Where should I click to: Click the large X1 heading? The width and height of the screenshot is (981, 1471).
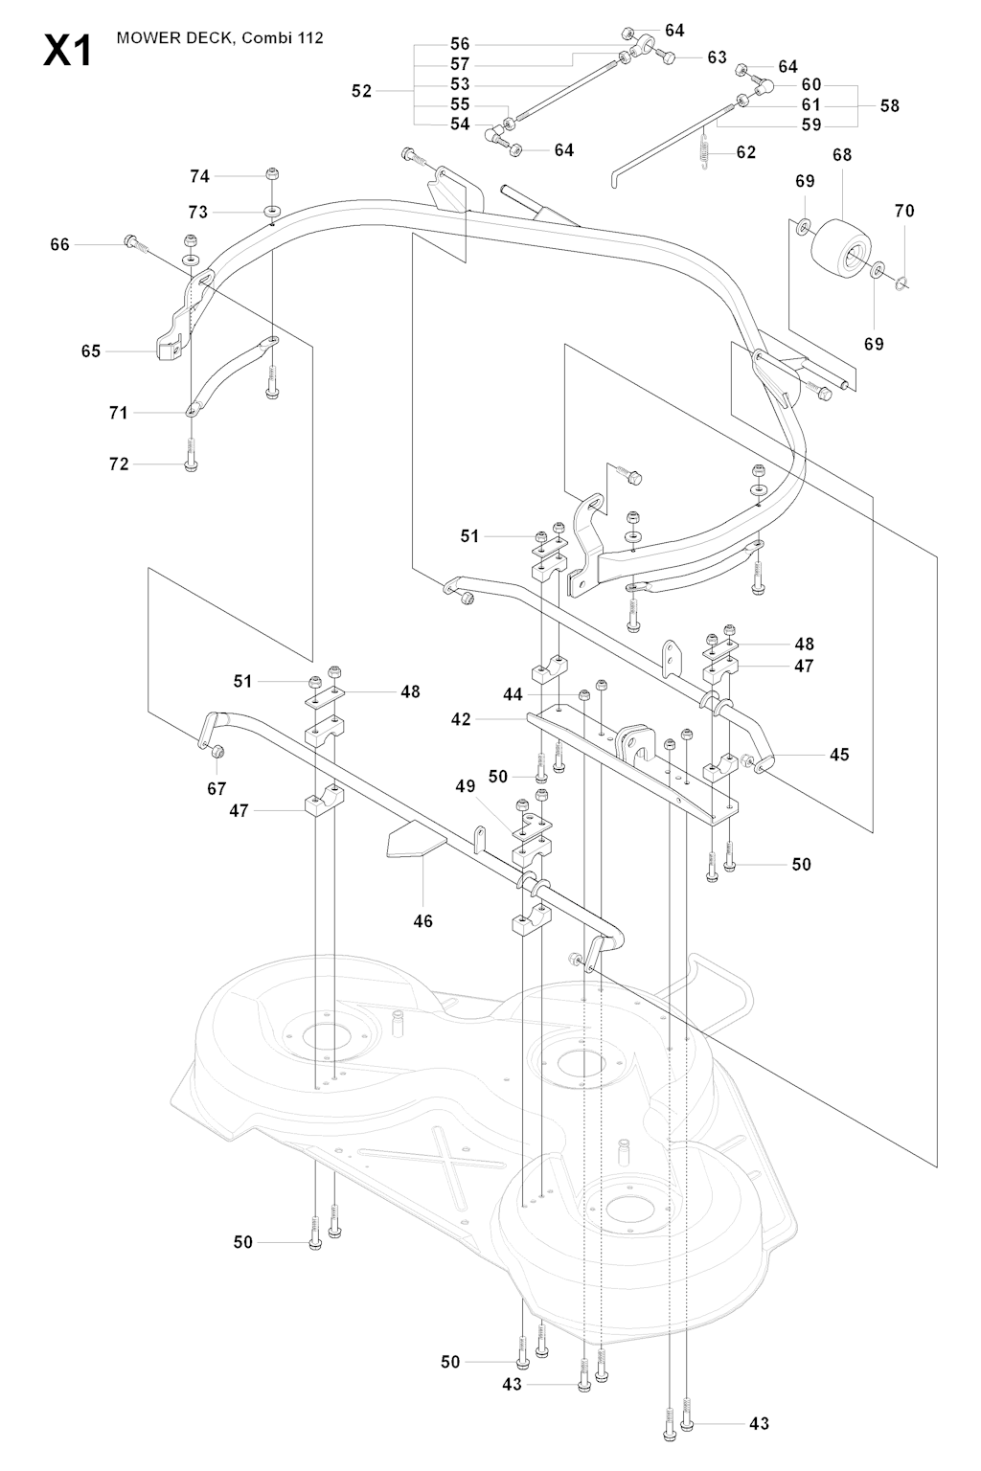pyautogui.click(x=68, y=49)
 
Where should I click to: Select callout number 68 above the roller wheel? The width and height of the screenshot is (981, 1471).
pyautogui.click(x=842, y=154)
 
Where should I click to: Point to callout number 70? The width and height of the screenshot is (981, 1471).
pyautogui.click(x=904, y=211)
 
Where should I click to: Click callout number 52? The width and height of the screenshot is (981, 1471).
pyautogui.click(x=361, y=92)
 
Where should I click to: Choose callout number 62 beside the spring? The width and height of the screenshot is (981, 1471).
pyautogui.click(x=746, y=152)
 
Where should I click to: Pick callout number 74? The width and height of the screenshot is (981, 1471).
pyautogui.click(x=199, y=176)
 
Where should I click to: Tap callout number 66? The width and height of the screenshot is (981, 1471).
pyautogui.click(x=59, y=245)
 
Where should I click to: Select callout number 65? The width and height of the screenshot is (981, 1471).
pyautogui.click(x=91, y=351)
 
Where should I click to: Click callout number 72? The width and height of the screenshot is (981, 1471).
pyautogui.click(x=119, y=464)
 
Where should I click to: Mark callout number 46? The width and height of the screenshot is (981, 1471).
pyautogui.click(x=422, y=921)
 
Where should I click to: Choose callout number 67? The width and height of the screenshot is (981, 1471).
pyautogui.click(x=217, y=788)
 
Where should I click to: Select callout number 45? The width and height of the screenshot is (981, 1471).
pyautogui.click(x=839, y=755)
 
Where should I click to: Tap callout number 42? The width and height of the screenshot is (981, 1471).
pyautogui.click(x=461, y=718)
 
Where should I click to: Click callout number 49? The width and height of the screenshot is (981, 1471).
pyautogui.click(x=466, y=786)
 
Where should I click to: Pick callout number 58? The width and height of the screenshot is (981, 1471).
pyautogui.click(x=890, y=105)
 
